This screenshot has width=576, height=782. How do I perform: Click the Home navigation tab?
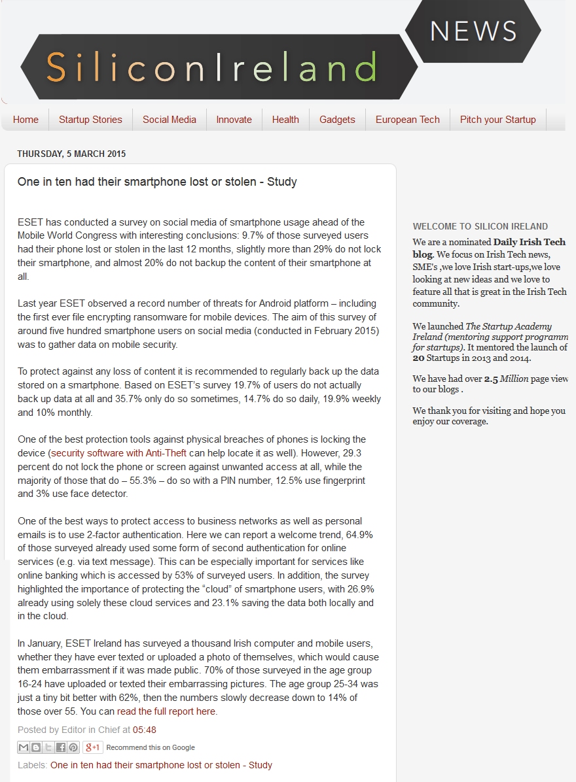tap(26, 120)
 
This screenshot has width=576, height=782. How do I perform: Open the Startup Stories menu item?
tap(90, 120)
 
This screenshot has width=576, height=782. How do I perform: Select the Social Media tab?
tap(170, 120)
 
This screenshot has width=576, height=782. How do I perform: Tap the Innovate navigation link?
tap(234, 120)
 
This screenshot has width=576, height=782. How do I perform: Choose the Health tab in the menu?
tap(285, 120)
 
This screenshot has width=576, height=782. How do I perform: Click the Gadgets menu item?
tap(337, 120)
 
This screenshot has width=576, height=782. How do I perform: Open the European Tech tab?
tap(407, 120)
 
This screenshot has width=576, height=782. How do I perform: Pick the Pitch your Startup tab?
tap(497, 120)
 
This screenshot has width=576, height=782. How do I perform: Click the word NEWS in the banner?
tap(474, 31)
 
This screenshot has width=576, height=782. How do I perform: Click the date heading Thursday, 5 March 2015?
tap(71, 154)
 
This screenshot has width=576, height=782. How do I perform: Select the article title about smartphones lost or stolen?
tap(157, 182)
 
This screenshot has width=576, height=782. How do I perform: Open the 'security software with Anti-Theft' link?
tap(119, 453)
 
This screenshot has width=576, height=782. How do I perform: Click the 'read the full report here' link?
tap(166, 711)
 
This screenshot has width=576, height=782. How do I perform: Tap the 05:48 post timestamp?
tap(145, 730)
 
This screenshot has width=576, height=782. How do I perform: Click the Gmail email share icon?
tap(24, 747)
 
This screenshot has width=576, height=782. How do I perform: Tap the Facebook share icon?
tap(61, 747)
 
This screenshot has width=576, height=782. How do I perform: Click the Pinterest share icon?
tap(73, 747)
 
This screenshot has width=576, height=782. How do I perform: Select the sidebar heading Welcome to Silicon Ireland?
tap(480, 226)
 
